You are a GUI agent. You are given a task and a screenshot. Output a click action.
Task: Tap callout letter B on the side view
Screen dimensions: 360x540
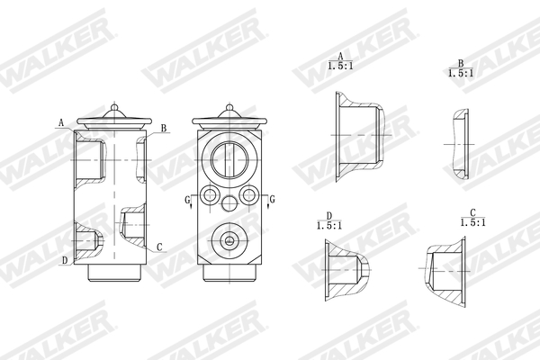[163, 130]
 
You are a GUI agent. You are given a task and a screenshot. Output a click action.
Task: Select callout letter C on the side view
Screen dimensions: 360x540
[159, 247]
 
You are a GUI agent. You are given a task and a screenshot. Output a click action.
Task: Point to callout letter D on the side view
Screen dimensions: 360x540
[64, 261]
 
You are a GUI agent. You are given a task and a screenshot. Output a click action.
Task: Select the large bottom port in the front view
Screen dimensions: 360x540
[229, 240]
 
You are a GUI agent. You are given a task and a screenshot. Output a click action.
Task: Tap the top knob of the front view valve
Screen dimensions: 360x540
[229, 107]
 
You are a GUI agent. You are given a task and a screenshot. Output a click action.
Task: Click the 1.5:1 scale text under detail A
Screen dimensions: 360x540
[339, 66]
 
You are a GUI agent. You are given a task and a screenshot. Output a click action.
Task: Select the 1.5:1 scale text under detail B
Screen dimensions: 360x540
[460, 72]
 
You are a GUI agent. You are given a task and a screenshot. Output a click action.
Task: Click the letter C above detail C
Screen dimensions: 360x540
[471, 213]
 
